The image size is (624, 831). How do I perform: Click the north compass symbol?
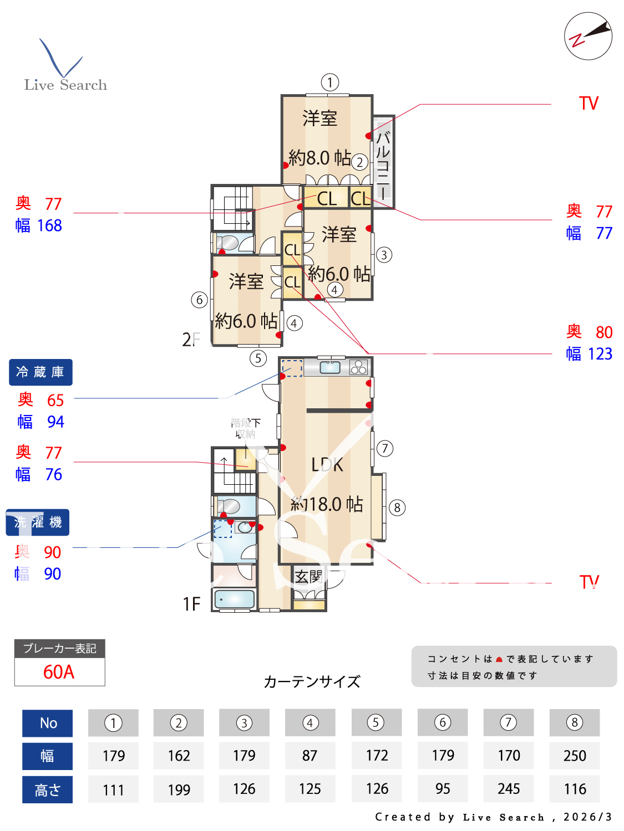click(588, 36)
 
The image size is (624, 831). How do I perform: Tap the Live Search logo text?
click(65, 85)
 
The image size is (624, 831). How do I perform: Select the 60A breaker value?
click(59, 671)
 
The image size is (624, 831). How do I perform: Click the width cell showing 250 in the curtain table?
click(574, 756)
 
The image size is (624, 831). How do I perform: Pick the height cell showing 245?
click(509, 788)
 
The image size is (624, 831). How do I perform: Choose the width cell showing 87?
click(310, 756)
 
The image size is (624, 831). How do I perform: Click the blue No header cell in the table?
click(48, 723)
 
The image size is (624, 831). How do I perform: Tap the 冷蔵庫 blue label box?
click(40, 372)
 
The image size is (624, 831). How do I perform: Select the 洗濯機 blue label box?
click(38, 522)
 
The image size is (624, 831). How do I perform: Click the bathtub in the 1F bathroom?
click(234, 599)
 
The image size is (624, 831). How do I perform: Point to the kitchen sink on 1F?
click(330, 367)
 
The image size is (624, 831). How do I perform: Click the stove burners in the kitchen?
click(358, 367)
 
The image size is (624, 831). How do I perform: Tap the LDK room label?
click(327, 464)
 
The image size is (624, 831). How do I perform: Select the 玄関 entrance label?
click(308, 577)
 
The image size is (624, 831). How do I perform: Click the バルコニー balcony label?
click(383, 165)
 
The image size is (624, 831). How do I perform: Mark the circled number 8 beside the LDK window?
click(397, 507)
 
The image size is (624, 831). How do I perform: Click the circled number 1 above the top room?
click(330, 83)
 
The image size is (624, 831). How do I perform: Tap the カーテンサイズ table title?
click(312, 681)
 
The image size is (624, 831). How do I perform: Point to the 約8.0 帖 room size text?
click(319, 158)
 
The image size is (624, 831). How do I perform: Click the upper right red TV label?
click(589, 104)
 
